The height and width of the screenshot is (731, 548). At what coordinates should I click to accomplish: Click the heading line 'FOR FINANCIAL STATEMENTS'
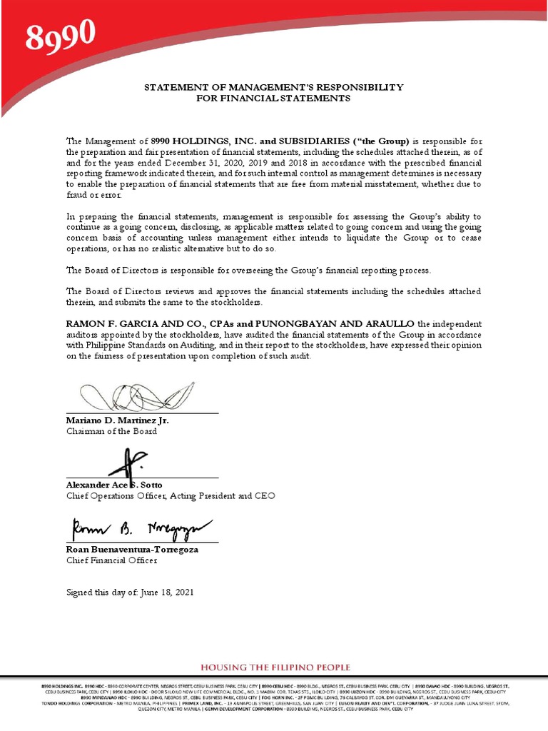273,99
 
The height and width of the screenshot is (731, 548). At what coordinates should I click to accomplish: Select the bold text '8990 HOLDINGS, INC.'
198,141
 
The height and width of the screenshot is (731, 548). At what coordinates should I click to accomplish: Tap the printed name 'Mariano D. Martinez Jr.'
118,420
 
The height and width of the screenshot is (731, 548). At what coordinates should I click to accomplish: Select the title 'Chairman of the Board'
111,431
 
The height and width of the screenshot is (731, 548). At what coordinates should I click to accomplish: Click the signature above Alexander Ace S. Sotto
129,463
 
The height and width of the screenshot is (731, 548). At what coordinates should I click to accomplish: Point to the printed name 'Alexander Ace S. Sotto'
114,485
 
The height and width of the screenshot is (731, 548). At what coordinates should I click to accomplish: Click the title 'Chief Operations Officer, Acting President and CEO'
170,495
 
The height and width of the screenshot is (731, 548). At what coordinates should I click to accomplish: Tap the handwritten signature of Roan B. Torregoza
135,529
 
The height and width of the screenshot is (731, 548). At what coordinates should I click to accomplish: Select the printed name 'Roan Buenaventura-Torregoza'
132,550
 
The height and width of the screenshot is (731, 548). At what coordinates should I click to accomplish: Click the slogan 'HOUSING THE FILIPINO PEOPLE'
275,667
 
